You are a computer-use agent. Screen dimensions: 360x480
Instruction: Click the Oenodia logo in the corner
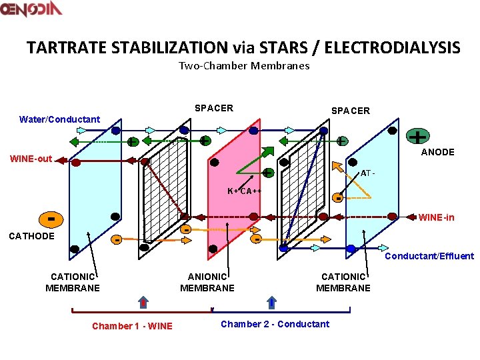click(x=32, y=9)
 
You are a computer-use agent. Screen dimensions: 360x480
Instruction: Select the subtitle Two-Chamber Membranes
click(x=244, y=65)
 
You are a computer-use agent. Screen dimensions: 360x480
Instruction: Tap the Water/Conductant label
click(x=60, y=119)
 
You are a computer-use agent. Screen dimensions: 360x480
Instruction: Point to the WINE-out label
click(x=31, y=159)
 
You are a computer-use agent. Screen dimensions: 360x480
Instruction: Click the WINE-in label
click(x=437, y=217)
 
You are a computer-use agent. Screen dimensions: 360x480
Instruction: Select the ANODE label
click(x=437, y=152)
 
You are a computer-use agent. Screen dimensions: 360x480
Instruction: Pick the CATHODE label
click(x=31, y=236)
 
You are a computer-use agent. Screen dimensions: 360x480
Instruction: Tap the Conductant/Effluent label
click(x=430, y=256)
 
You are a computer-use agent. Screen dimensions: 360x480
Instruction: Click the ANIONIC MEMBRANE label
click(x=207, y=283)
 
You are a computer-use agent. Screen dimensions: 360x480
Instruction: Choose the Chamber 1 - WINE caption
click(x=132, y=326)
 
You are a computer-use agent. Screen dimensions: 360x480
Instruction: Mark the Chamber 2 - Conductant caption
click(x=275, y=324)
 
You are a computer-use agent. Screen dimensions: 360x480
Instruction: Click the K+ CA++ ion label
click(x=244, y=191)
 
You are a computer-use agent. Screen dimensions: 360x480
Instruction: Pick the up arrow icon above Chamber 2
click(x=272, y=301)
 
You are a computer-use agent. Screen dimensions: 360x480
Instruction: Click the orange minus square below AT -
click(x=339, y=198)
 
